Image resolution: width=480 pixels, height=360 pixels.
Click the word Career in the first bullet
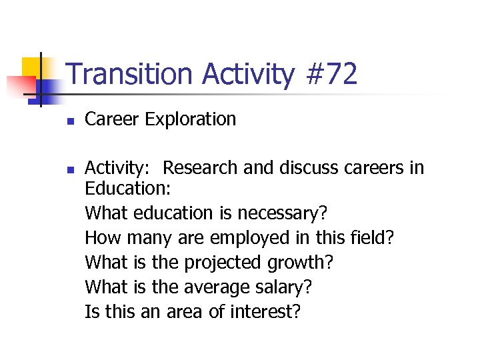[111, 119]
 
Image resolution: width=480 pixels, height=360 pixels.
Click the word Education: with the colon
[128, 189]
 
